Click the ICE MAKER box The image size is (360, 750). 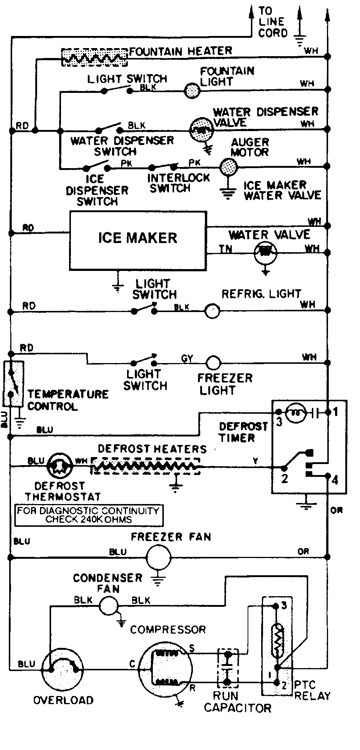[138, 240]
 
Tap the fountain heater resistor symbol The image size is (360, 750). [95, 57]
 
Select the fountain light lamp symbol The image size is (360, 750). [191, 90]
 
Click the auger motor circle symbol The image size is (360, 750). [228, 167]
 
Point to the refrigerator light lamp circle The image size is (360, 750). [212, 311]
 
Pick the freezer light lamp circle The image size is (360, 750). [213, 363]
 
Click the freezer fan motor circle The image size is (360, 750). [158, 557]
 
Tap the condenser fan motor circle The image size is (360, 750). [109, 605]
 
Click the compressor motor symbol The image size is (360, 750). [165, 669]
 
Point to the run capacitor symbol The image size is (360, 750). [228, 668]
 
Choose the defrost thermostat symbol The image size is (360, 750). [58, 466]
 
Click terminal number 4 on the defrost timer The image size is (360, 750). [335, 479]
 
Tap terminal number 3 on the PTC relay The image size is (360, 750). [284, 605]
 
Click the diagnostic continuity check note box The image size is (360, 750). [89, 515]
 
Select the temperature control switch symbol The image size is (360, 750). [13, 384]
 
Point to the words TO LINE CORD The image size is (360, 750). [272, 22]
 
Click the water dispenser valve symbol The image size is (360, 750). [201, 129]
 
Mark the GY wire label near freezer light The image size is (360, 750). [187, 358]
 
